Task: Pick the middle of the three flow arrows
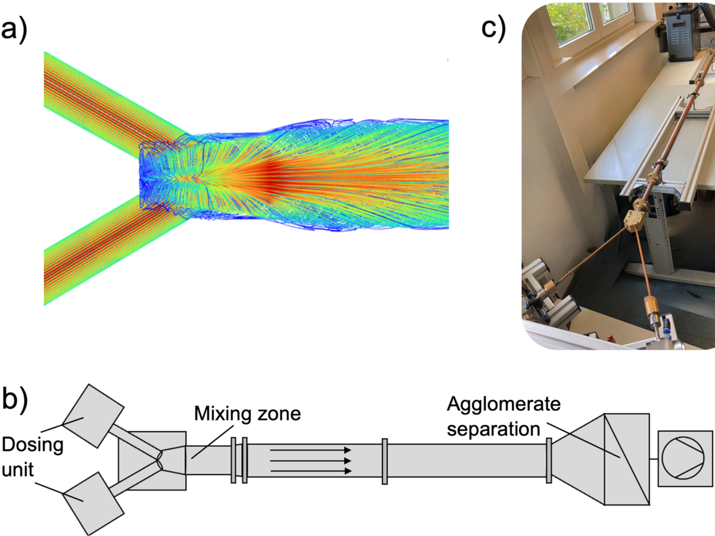click(310, 461)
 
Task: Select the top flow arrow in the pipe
click(310, 451)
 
